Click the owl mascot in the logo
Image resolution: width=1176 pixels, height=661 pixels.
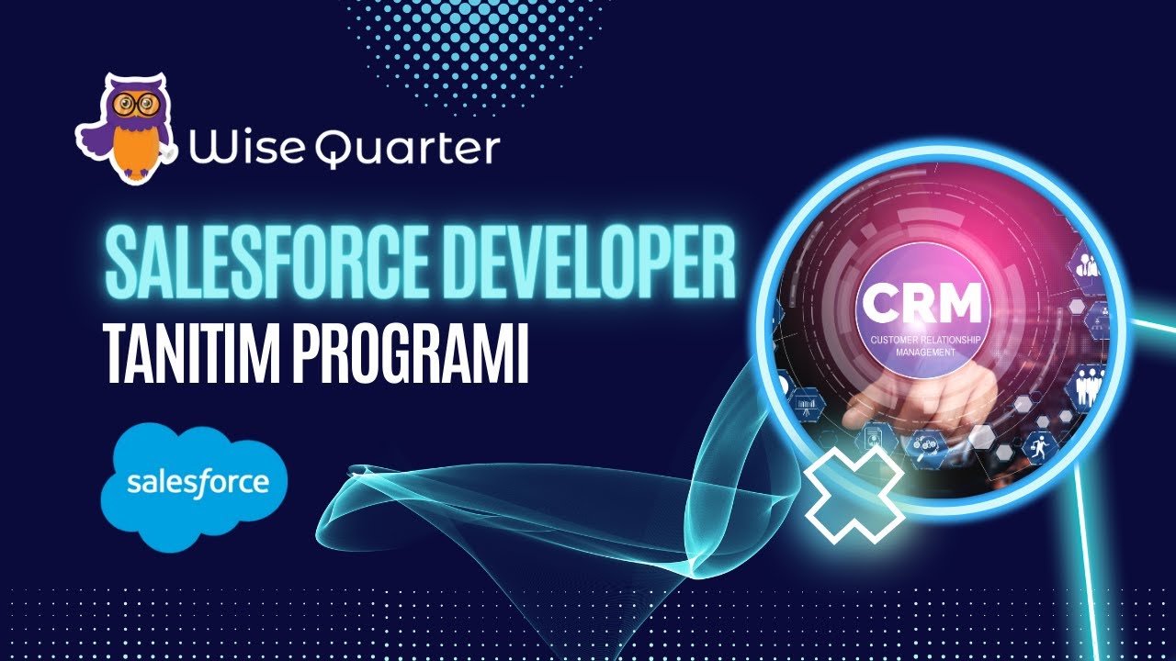click(126, 129)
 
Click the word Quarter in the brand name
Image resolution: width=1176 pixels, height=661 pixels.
click(407, 149)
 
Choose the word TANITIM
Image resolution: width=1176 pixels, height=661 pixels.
click(194, 355)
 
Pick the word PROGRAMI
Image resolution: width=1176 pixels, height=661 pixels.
click(410, 355)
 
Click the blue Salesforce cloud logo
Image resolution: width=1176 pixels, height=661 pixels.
click(194, 486)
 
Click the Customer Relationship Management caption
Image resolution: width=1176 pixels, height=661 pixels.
click(924, 346)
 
